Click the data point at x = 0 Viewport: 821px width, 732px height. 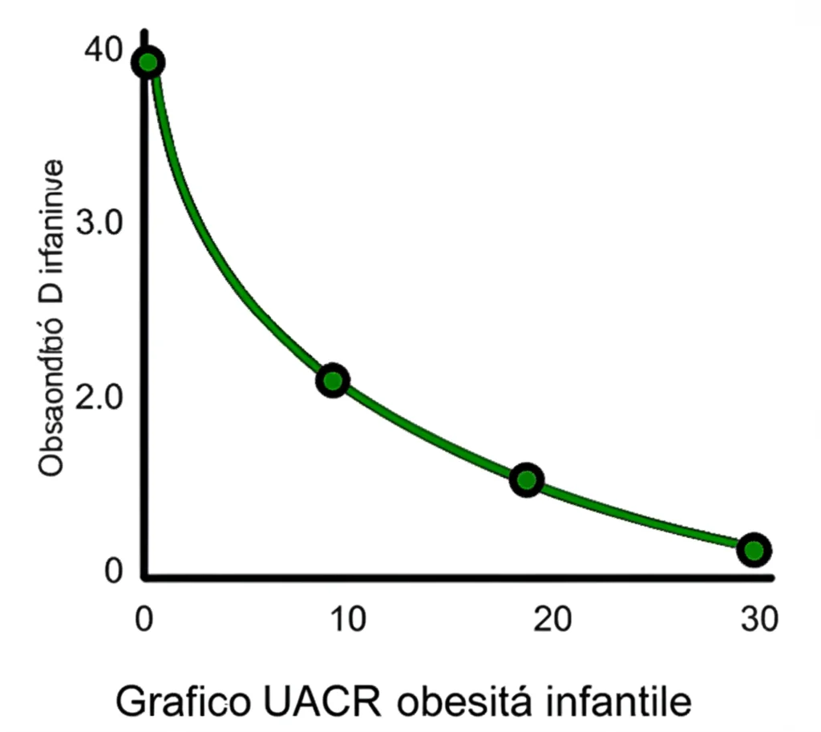click(x=148, y=63)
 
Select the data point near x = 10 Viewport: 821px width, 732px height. click(x=333, y=380)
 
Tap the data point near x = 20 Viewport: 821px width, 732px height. click(x=527, y=479)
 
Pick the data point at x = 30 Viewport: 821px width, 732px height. click(x=754, y=549)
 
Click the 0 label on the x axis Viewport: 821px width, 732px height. click(x=144, y=619)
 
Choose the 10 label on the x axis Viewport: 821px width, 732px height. click(x=346, y=619)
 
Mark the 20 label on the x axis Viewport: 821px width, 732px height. click(x=553, y=619)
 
